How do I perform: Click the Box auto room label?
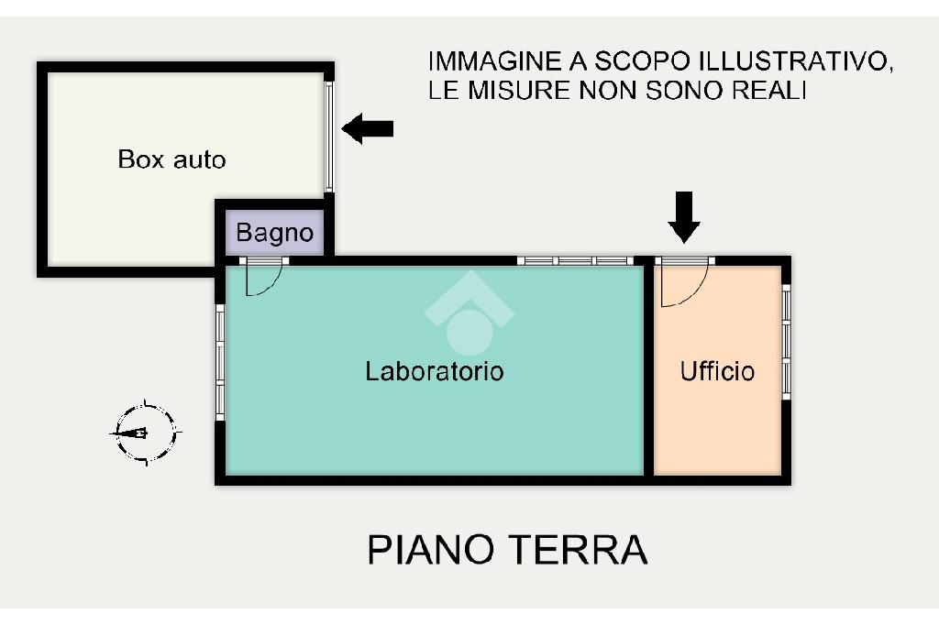pos(171,159)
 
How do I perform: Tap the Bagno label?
pos(275,233)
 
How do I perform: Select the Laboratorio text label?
pos(435,371)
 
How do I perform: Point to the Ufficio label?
pos(717,371)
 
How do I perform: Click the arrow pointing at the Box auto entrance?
pos(368,128)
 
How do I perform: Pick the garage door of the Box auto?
pos(329,137)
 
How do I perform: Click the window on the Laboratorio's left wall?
pos(220,362)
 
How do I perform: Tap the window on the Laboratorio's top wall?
pos(575,260)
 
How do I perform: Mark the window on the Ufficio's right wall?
pos(786,342)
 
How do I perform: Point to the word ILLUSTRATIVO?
pos(791,61)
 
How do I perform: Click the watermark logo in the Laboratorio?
pos(469,313)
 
